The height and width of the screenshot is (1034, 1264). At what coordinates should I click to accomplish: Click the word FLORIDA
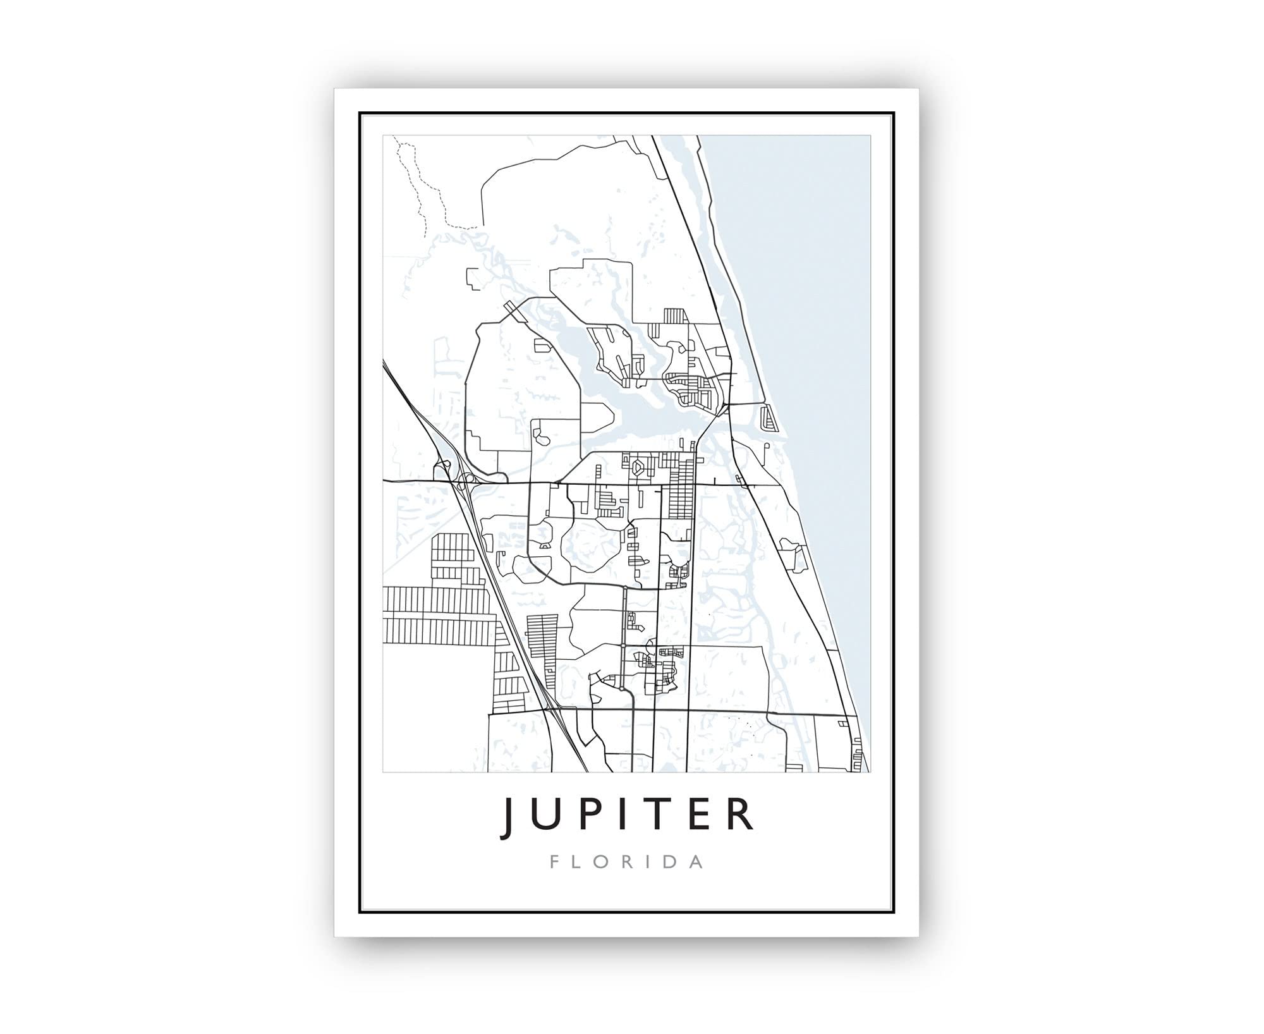[626, 862]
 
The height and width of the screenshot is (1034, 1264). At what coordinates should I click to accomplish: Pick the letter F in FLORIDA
[554, 862]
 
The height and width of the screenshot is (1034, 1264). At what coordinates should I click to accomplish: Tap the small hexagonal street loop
[639, 468]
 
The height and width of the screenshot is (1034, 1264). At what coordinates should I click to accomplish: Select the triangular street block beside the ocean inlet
[768, 418]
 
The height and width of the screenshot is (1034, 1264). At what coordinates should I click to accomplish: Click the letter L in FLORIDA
[576, 862]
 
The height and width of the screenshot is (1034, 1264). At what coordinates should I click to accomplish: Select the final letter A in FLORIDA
[696, 862]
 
